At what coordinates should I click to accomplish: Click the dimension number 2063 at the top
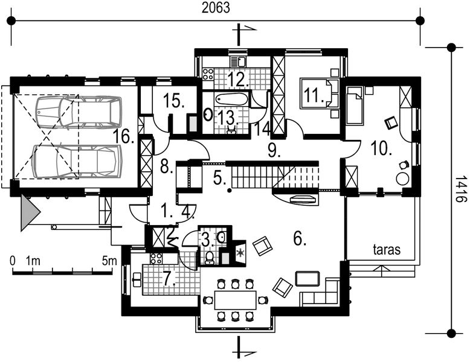216,7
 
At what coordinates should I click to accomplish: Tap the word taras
387,249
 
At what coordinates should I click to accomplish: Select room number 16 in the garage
124,136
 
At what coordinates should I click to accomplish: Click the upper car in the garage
79,112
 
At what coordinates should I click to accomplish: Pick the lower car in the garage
77,161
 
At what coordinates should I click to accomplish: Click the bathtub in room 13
231,99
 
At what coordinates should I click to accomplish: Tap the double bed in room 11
319,93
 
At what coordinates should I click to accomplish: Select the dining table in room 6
235,300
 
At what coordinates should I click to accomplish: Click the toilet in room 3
210,258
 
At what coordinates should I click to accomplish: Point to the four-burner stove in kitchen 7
156,258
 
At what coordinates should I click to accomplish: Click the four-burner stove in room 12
208,74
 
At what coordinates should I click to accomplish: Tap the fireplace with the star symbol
240,253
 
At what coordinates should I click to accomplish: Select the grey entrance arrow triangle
30,212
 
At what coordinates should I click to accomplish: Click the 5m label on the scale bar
109,261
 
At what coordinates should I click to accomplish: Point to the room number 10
381,148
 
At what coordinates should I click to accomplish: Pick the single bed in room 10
355,106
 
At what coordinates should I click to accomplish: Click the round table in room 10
403,179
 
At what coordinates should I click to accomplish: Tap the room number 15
175,100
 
